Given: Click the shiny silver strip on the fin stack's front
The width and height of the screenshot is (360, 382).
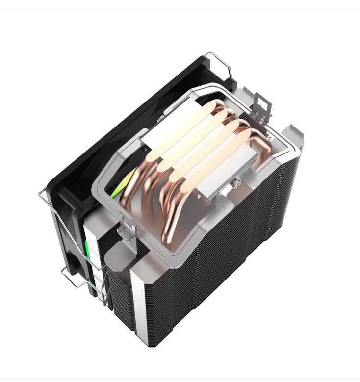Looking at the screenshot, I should (139, 294).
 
